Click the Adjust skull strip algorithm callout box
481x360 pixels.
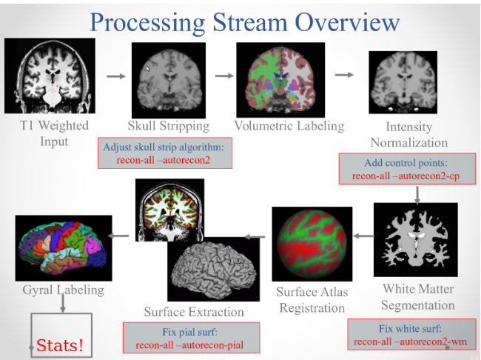(165, 153)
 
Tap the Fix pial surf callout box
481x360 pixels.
(190, 337)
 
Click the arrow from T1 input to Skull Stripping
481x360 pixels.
(115, 75)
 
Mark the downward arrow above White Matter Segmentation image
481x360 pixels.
(418, 193)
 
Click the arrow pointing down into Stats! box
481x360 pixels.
(62, 303)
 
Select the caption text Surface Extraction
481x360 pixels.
(194, 311)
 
